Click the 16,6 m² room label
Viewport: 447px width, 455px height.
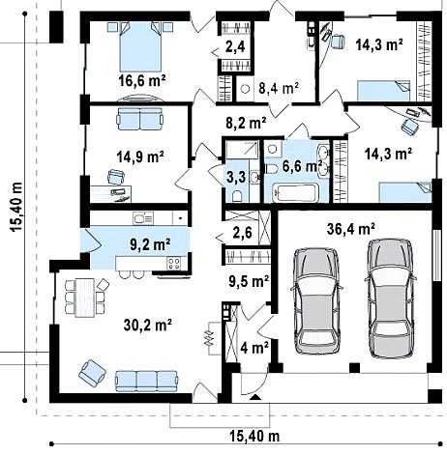142,80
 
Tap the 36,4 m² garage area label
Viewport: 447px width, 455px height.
350,229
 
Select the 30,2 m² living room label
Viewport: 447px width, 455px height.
147,325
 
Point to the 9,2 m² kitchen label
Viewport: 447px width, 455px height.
150,244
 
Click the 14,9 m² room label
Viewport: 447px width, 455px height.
140,156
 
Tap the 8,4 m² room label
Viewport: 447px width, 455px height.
279,88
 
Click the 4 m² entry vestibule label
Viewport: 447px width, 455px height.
254,348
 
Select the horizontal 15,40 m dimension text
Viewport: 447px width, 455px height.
254,437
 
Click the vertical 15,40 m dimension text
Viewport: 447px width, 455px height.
16,207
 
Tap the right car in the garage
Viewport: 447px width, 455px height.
391,299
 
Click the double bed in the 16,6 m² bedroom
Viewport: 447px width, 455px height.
140,47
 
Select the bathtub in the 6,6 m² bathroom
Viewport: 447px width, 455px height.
296,193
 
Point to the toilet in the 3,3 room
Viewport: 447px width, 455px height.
237,195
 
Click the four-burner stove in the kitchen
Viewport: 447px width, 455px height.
174,264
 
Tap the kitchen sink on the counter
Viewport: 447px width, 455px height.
143,218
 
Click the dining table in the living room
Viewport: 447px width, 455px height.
85,298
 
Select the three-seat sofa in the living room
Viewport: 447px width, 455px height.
147,381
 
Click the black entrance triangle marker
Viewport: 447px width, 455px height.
256,397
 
